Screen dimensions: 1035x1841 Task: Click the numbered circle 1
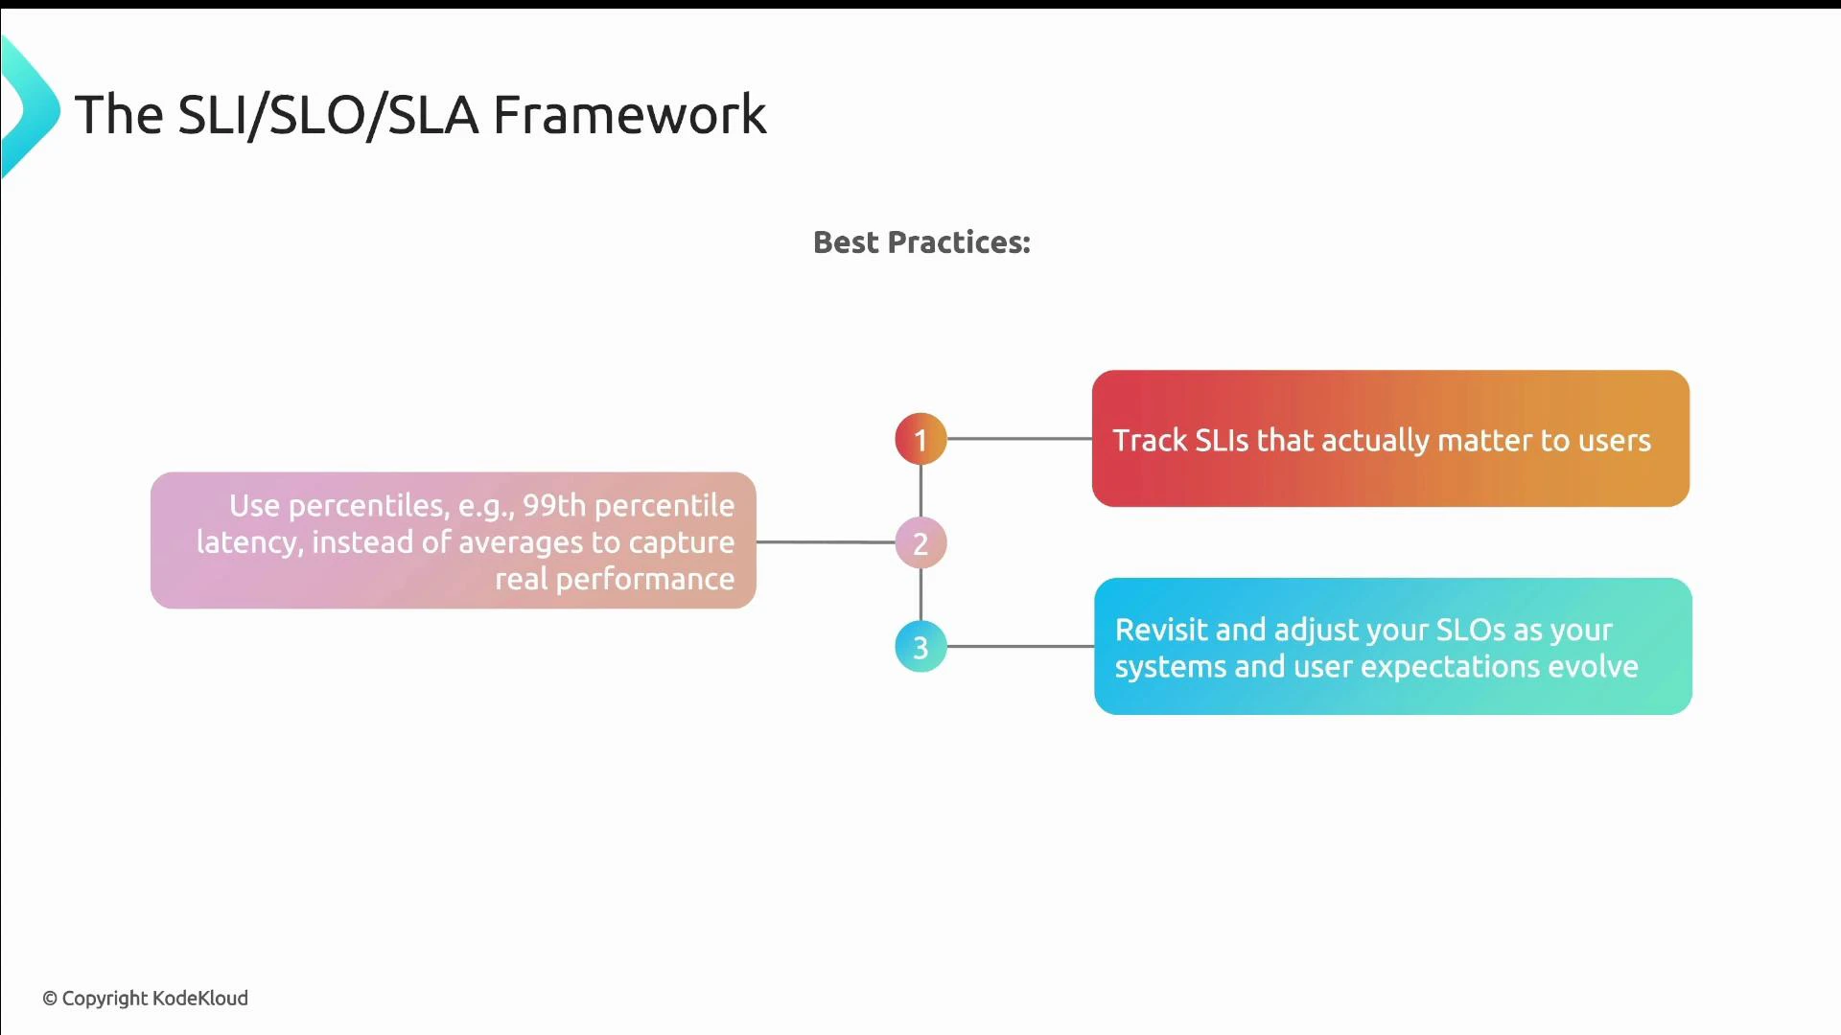point(920,439)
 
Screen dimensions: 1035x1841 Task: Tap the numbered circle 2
point(920,543)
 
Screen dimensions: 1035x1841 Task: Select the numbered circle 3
point(920,647)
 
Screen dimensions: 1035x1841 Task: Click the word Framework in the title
point(629,115)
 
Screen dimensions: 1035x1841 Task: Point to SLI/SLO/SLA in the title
point(328,115)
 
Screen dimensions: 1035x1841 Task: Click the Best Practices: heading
point(921,242)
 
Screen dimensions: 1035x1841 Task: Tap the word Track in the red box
point(1150,440)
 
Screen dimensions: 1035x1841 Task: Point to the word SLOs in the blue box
point(1470,630)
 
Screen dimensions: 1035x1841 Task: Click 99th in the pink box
point(553,505)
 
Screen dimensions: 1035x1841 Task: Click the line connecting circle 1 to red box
point(1018,439)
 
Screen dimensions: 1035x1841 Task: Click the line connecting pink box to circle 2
point(825,542)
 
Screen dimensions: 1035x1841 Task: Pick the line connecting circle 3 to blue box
point(1019,647)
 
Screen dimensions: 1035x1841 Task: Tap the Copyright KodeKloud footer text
point(145,999)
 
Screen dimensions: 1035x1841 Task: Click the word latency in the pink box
point(249,542)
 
